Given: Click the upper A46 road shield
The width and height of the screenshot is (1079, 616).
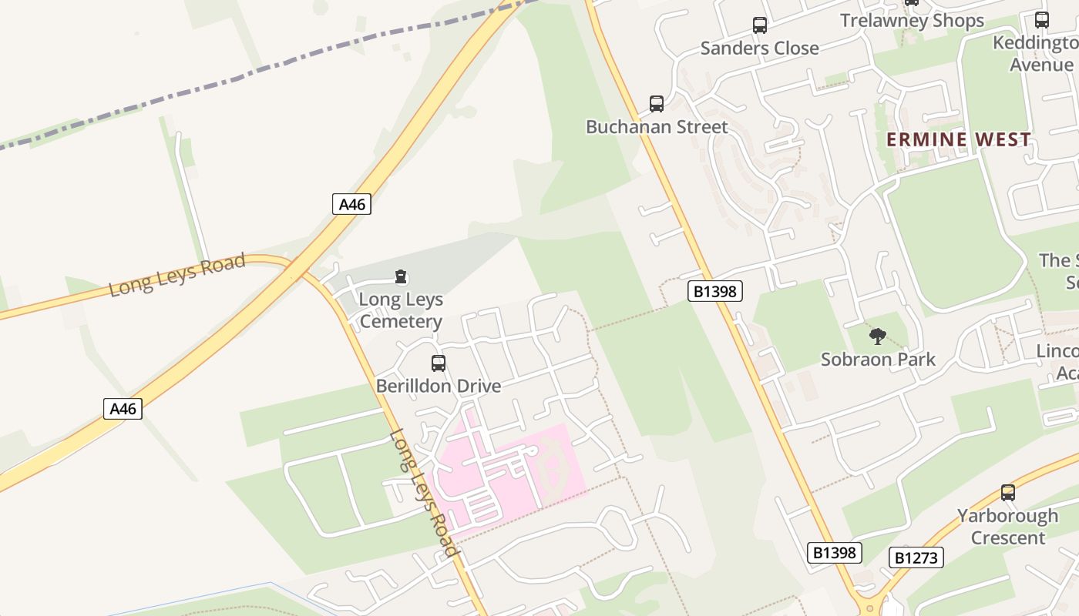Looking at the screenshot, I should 351,204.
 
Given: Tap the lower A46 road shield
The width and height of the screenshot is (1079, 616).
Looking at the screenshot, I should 123,408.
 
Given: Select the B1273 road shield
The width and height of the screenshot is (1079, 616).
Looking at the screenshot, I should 916,557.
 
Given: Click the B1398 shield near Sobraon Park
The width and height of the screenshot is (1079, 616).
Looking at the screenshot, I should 714,291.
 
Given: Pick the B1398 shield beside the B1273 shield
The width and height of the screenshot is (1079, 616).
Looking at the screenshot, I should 835,552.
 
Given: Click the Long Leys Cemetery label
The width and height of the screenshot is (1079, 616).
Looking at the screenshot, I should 401,310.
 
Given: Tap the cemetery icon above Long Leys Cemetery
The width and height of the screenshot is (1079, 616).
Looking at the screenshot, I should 400,276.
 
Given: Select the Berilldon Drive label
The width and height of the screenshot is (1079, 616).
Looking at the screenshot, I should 439,386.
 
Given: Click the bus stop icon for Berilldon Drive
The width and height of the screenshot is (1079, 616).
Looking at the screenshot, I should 439,363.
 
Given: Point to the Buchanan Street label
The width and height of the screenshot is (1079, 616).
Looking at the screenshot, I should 657,127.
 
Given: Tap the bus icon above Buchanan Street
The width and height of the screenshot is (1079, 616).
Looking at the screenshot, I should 657,103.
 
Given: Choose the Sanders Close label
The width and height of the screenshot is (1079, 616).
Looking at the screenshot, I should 759,49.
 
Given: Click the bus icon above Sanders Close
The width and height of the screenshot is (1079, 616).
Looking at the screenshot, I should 760,25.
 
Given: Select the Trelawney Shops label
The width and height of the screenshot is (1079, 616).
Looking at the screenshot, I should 912,21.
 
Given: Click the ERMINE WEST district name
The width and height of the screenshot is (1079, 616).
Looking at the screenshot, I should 958,139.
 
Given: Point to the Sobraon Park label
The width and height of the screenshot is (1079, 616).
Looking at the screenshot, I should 878,360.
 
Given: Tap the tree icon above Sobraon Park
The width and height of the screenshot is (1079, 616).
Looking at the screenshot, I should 877,336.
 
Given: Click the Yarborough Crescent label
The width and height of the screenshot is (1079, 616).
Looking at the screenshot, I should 1007,526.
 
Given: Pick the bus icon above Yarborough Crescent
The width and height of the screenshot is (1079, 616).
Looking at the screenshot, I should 1007,493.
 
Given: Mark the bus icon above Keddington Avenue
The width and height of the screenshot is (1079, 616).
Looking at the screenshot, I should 1042,20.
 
